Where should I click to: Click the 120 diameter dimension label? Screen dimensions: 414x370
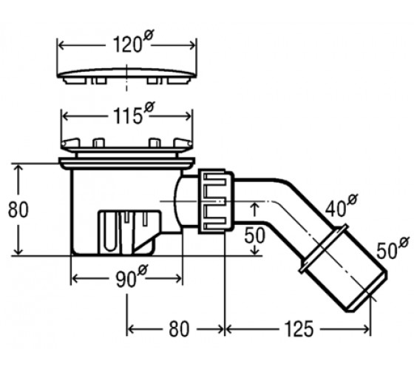pos(133,42)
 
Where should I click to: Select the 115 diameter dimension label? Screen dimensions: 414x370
pos(134,114)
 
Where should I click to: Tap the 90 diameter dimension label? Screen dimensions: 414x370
pos(132,277)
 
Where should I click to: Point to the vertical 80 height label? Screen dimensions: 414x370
pos(18,209)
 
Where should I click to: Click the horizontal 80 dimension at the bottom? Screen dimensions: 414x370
pos(179,329)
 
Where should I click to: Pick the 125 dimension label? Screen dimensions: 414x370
pos(299,329)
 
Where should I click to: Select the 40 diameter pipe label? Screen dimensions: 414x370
pos(341,206)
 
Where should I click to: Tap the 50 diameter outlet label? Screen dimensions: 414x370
pos(393,248)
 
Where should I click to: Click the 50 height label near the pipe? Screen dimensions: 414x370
pos(254,235)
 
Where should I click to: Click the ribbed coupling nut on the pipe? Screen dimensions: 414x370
pos(216,201)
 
